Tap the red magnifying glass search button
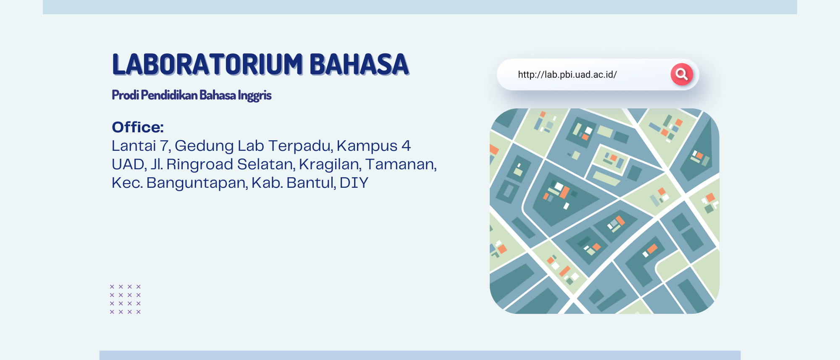pos(682,74)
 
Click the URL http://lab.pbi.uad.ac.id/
pos(567,74)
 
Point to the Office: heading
pos(138,127)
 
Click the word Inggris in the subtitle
pos(255,95)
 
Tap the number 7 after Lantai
pos(165,146)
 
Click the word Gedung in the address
pos(204,146)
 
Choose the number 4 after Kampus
pos(406,146)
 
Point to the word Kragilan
pos(330,165)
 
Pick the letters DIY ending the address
pos(354,183)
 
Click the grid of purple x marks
pos(125,299)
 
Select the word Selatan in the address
pos(266,165)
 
